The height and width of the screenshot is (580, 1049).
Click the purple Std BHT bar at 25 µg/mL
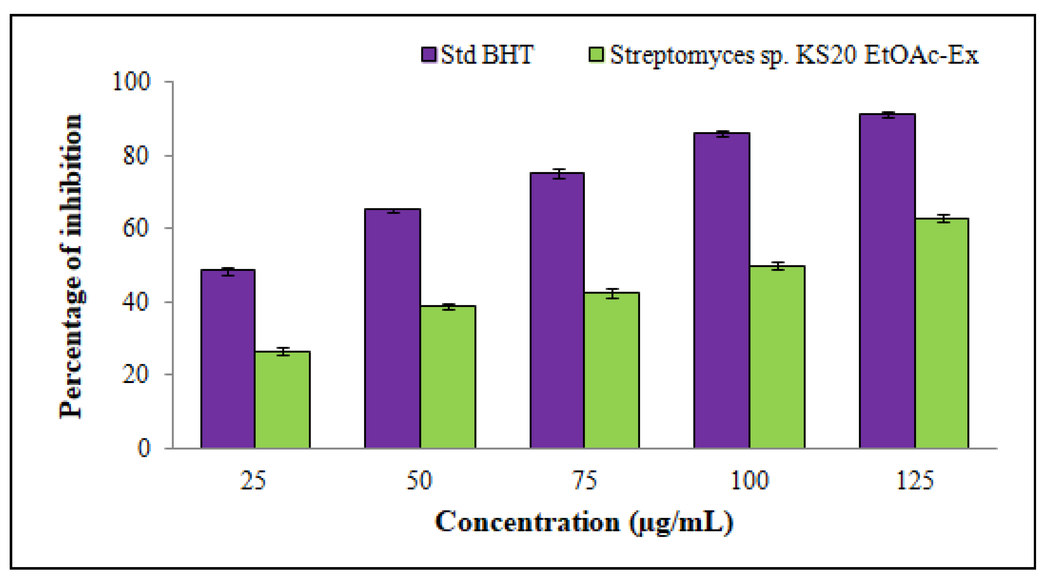228,358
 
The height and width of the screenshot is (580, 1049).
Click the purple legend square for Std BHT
429,54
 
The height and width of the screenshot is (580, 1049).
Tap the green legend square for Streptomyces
597,54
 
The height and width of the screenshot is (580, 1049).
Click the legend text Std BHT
487,54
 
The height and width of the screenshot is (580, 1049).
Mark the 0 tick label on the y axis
144,448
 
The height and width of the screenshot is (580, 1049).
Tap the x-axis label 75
585,480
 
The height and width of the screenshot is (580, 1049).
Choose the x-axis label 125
915,480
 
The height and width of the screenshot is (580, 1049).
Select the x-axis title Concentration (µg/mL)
584,522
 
